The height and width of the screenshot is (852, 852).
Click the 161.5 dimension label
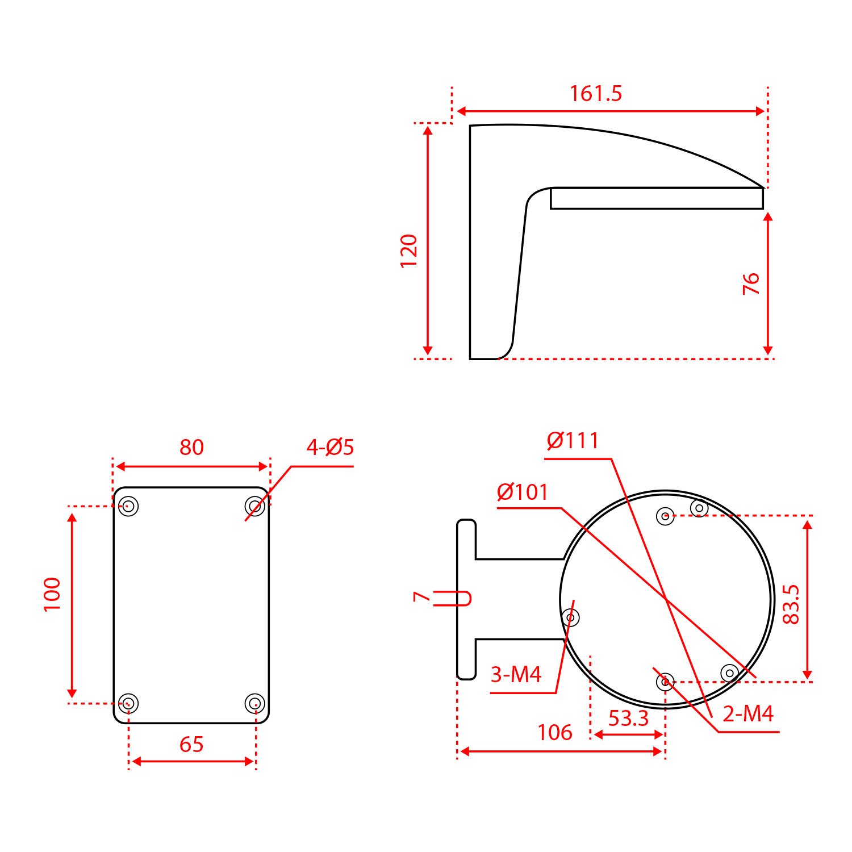pos(596,94)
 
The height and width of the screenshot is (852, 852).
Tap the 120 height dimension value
pos(409,250)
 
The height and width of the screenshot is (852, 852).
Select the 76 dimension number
pos(751,283)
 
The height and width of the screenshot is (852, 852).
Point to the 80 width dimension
pos(191,448)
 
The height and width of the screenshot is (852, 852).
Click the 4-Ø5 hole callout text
pos(330,448)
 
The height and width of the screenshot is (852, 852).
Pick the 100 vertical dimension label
pos(52,594)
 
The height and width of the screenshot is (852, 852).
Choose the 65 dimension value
pos(191,744)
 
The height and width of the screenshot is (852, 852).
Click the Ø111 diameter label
pos(573,441)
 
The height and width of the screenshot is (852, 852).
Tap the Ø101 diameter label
pos(523,492)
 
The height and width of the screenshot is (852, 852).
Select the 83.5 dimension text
pos(791,604)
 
